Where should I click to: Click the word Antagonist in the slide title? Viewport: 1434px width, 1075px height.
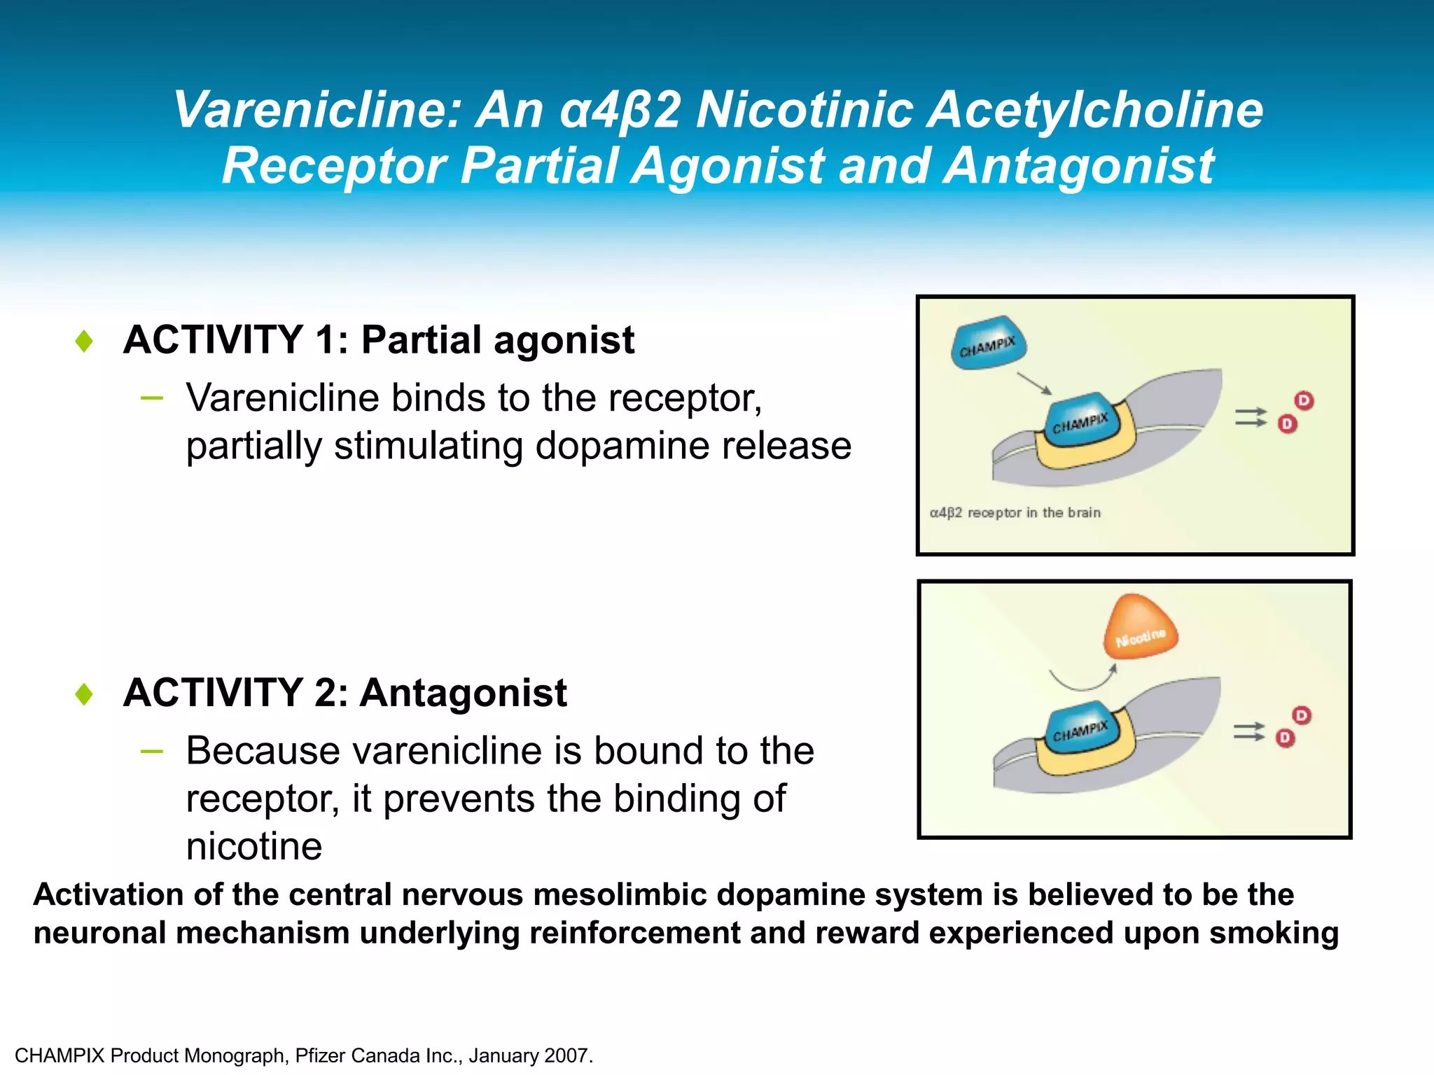pos(1078,167)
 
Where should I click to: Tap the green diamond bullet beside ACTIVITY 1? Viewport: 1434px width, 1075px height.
pos(84,341)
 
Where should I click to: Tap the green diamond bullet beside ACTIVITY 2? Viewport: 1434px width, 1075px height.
pos(84,694)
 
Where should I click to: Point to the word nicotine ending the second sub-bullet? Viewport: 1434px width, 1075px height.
pos(253,846)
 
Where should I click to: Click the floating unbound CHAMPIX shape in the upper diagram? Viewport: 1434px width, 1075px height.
pos(987,343)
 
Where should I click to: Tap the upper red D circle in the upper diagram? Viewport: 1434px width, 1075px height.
pos(1304,400)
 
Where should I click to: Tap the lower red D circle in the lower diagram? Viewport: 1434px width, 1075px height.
pos(1285,738)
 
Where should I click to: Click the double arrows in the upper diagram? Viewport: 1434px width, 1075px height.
pos(1251,417)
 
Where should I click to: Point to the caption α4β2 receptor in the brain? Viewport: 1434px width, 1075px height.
pos(1015,513)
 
